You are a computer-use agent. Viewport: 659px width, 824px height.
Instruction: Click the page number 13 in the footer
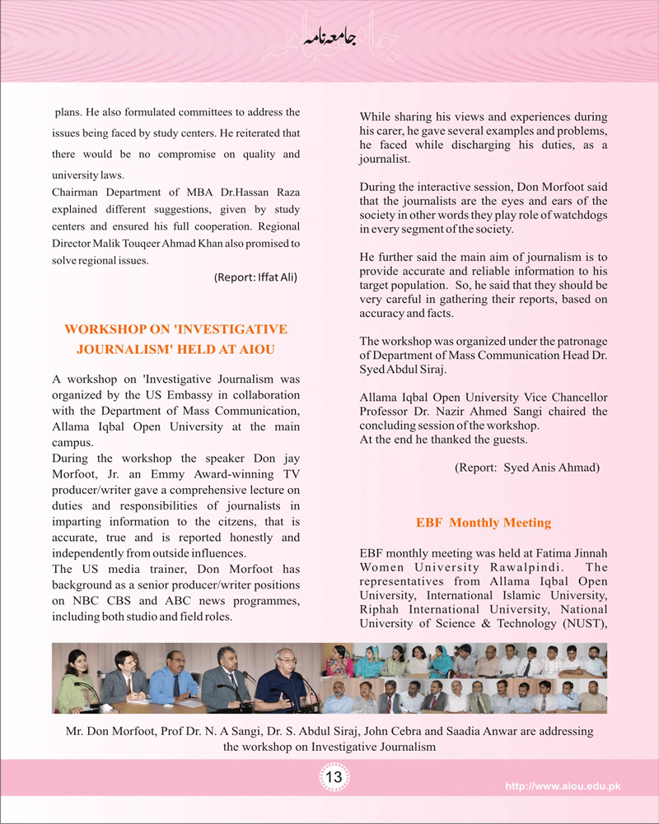[334, 778]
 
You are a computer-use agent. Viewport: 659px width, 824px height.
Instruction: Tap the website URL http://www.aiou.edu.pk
[563, 787]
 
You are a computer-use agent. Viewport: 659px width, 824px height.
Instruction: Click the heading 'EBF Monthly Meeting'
[483, 523]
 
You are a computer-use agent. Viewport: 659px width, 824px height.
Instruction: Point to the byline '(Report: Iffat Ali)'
[255, 277]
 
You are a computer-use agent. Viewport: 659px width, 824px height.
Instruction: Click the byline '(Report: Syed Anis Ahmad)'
[527, 467]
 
